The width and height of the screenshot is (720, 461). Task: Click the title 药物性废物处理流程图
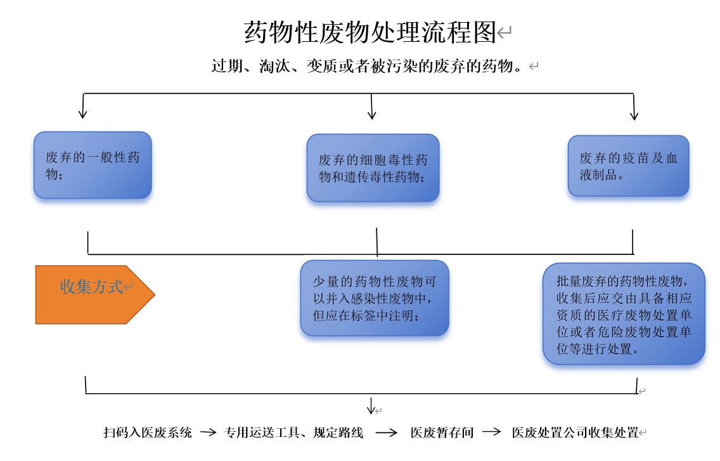pyautogui.click(x=370, y=32)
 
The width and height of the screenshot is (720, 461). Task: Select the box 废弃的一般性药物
pyautogui.click(x=93, y=166)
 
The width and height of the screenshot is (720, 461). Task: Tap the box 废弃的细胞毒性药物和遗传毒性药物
pyautogui.click(x=373, y=168)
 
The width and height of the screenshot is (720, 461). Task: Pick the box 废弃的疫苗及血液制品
pyautogui.click(x=628, y=166)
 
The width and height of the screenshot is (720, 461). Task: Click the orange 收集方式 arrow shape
pyautogui.click(x=95, y=295)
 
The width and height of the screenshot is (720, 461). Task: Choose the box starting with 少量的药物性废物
pyautogui.click(x=374, y=298)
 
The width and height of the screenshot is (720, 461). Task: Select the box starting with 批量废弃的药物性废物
pyautogui.click(x=624, y=314)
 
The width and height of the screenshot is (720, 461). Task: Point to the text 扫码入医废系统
pyautogui.click(x=148, y=432)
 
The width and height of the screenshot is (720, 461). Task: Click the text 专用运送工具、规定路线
pyautogui.click(x=293, y=432)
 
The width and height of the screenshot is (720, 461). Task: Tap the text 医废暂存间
pyautogui.click(x=442, y=432)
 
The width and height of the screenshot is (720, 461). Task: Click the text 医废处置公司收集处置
pyautogui.click(x=575, y=432)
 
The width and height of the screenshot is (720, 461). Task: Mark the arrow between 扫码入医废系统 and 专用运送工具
pyautogui.click(x=208, y=432)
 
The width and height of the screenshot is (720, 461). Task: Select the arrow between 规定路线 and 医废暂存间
pyautogui.click(x=387, y=432)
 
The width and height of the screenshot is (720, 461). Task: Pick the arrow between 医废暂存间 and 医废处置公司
pyautogui.click(x=492, y=432)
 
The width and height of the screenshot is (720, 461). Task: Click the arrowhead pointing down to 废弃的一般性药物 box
pyautogui.click(x=82, y=114)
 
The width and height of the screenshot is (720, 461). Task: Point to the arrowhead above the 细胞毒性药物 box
pyautogui.click(x=372, y=114)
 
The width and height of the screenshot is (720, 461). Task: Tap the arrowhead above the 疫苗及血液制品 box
pyautogui.click(x=634, y=115)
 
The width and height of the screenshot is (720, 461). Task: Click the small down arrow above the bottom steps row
pyautogui.click(x=371, y=406)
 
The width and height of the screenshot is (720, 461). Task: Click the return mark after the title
pyautogui.click(x=504, y=32)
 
